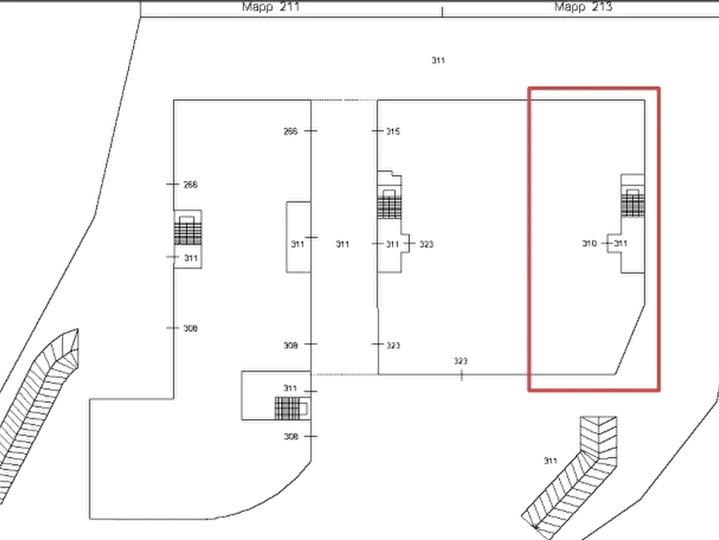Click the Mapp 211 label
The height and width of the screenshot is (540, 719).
coord(271,6)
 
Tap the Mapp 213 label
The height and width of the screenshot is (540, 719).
coord(583,6)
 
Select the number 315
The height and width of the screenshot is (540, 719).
coord(393,131)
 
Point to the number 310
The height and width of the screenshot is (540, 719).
coord(589,243)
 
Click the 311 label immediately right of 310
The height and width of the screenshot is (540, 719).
coord(621,243)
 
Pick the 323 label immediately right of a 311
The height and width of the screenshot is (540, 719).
coord(427,244)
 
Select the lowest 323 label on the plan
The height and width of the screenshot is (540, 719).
coord(461,361)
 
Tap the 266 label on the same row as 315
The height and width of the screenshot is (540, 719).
coord(291,131)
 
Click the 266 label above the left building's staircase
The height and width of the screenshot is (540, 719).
coord(190,185)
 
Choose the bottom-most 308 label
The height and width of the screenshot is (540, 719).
coord(291,437)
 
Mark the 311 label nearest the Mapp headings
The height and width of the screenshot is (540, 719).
coord(438,60)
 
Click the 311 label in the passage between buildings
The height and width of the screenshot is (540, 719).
coord(342,244)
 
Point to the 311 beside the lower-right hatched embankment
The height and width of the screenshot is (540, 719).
coord(550,460)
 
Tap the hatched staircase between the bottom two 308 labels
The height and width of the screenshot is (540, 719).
coord(287,408)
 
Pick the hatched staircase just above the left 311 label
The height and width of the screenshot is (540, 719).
coord(188,233)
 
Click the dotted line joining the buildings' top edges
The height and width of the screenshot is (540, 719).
coord(344,100)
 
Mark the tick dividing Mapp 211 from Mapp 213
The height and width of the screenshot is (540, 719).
coord(442,12)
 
